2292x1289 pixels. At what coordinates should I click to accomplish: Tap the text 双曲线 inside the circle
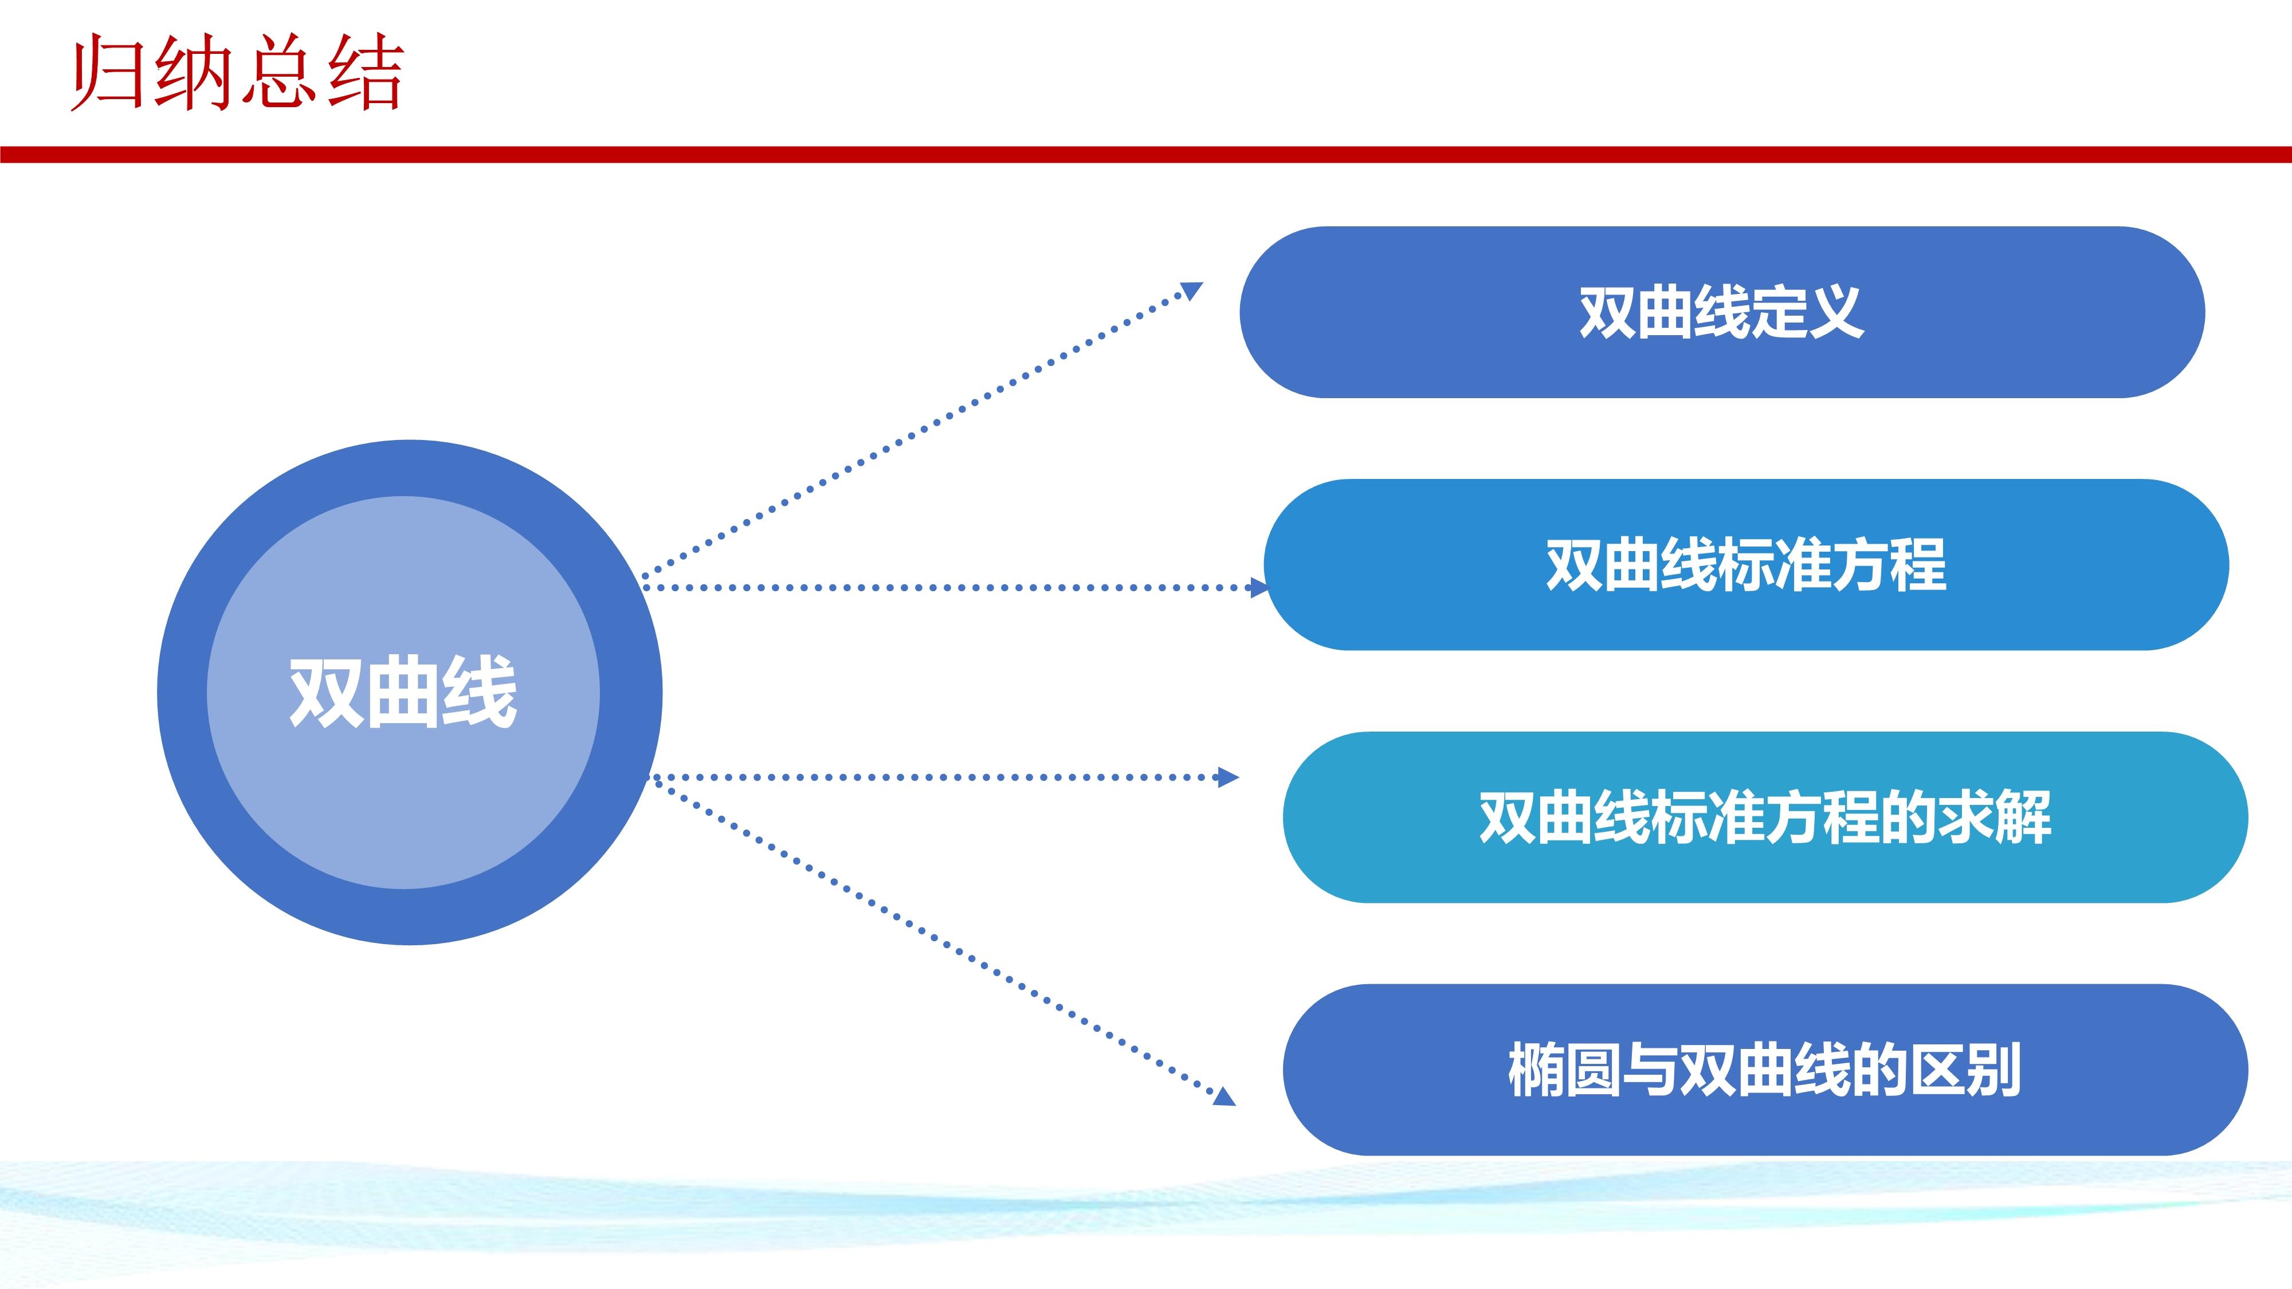[403, 692]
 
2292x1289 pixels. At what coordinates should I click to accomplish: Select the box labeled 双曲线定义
[1722, 312]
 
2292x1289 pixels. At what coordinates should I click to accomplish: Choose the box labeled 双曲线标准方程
[1746, 565]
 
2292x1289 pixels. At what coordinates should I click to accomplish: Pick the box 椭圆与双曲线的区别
[1765, 1070]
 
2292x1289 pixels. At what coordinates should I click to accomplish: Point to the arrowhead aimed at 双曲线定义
[1191, 291]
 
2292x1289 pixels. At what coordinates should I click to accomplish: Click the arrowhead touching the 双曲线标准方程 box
[1258, 587]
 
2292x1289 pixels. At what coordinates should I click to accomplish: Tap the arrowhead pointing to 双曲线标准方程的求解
[1228, 777]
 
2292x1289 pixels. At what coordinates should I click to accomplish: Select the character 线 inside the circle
[480, 692]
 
